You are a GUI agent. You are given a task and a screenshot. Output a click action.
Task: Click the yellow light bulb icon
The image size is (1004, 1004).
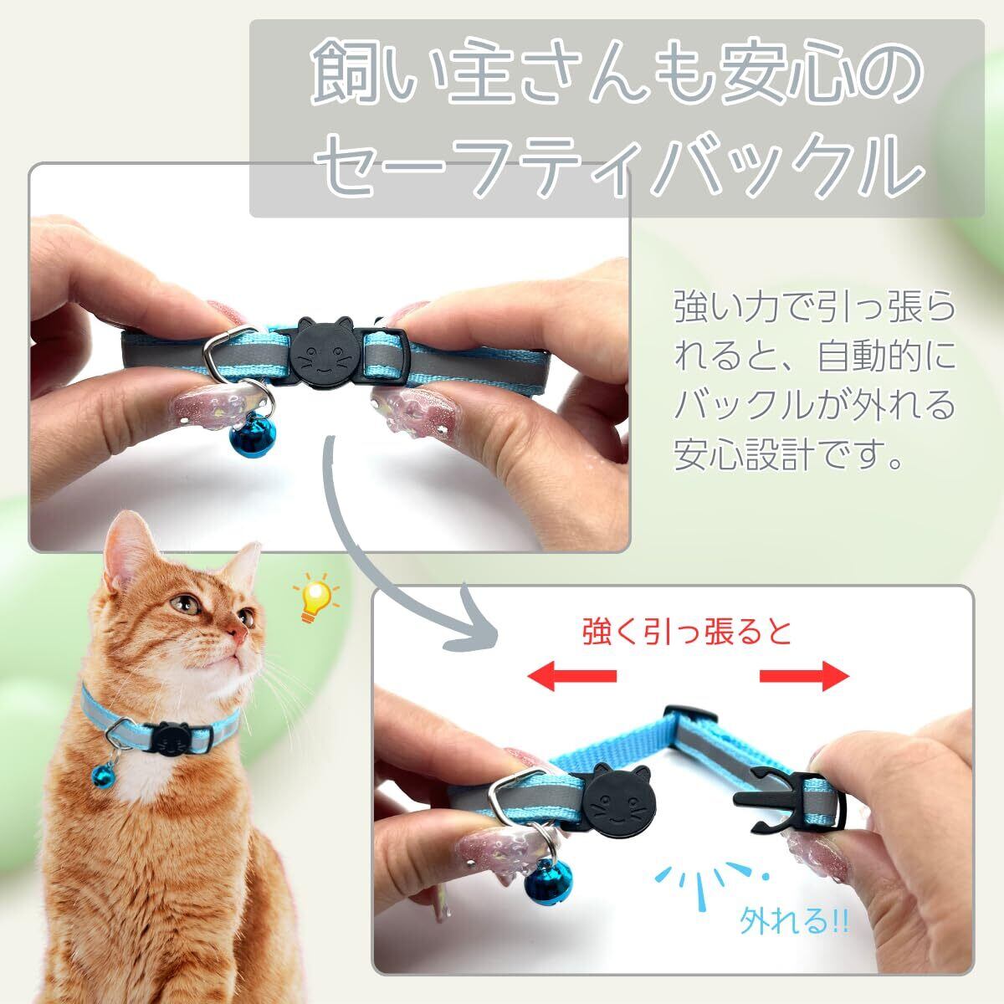click(315, 597)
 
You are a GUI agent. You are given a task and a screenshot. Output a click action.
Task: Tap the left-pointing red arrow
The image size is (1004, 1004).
click(571, 676)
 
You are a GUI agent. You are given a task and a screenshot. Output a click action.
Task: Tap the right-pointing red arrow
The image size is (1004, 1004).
click(804, 676)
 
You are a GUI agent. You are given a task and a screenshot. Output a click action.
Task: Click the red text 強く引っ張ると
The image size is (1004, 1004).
click(687, 633)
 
